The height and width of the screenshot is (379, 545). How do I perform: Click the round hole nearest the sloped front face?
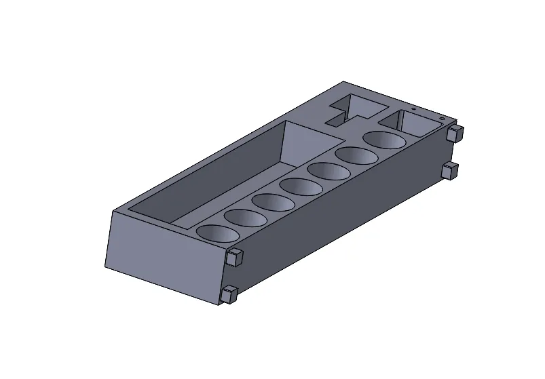coord(218,233)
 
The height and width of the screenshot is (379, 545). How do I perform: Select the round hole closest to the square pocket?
coord(386,139)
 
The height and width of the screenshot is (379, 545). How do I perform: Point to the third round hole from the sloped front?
coord(274,201)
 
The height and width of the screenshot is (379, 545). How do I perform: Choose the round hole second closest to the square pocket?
coord(358,155)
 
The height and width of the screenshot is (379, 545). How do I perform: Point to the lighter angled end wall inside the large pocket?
coord(309,146)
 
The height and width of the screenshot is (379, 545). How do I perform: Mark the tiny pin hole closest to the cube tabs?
coord(441,119)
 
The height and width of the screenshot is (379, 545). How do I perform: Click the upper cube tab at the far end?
coord(455,133)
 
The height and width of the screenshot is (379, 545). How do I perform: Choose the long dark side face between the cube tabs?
coord(339,217)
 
